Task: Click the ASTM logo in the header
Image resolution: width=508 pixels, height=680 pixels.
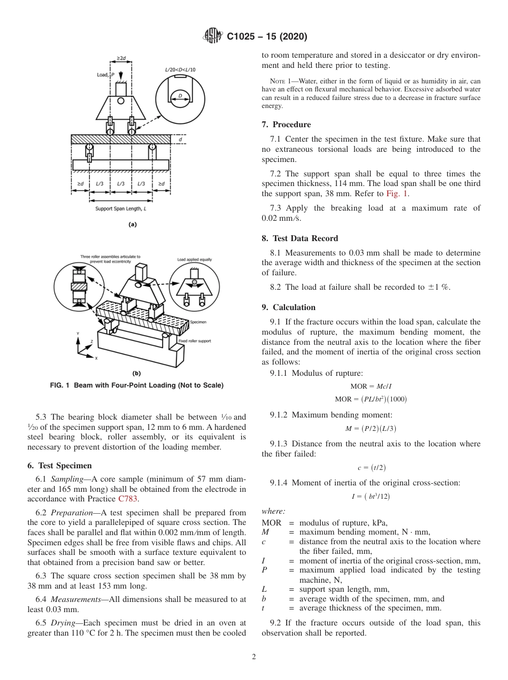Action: point(213,36)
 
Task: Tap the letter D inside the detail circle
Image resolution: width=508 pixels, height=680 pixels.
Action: point(180,96)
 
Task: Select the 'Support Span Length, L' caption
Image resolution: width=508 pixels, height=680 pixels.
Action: point(120,208)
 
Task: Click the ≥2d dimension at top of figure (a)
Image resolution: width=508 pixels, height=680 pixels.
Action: point(121,57)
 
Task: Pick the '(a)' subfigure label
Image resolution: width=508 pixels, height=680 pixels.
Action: point(133,225)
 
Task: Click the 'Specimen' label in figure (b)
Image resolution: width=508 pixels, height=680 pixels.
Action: point(198,322)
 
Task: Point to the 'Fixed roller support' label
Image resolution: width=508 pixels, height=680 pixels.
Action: point(194,341)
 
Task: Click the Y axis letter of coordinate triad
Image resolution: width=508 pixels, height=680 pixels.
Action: point(78,334)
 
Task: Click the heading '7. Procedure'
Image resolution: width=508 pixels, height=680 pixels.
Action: point(286,125)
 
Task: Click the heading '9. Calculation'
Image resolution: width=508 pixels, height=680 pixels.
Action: point(289,307)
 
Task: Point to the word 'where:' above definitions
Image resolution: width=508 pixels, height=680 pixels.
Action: point(273,511)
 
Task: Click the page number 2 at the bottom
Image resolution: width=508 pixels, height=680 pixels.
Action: point(253,657)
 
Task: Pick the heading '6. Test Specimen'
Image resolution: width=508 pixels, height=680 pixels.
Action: point(59,466)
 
